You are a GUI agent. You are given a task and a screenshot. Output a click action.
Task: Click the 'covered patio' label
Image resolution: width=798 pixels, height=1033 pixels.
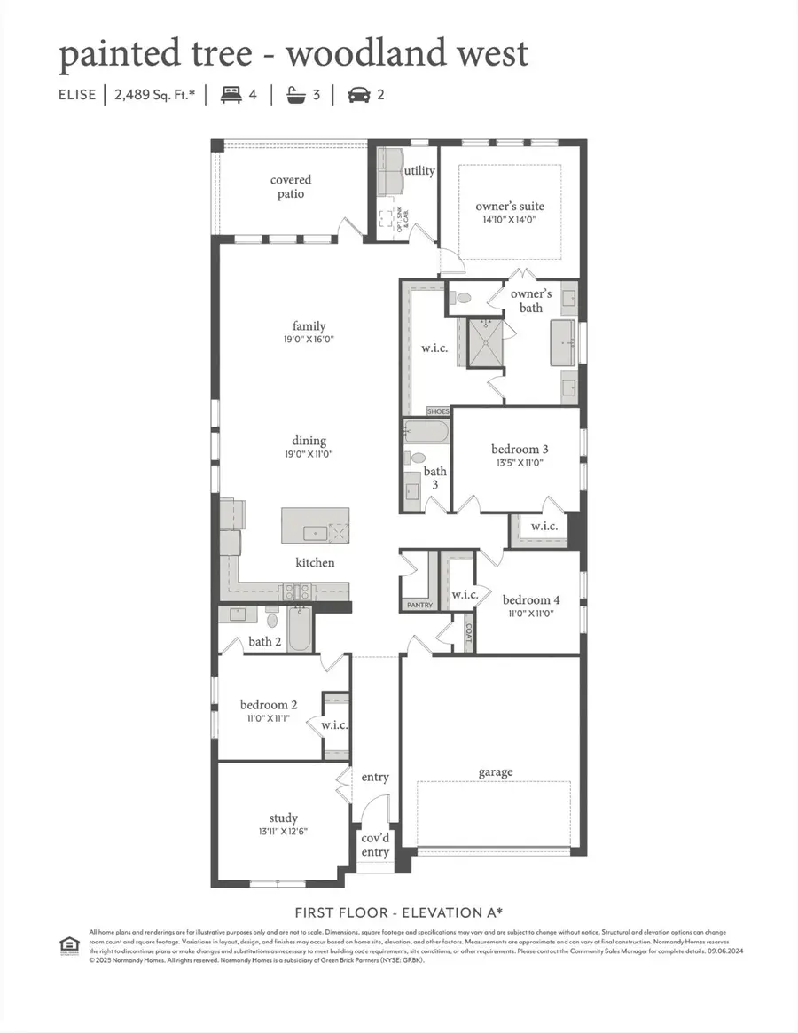291,187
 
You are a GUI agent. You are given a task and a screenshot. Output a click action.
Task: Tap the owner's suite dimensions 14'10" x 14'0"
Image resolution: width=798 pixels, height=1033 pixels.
510,220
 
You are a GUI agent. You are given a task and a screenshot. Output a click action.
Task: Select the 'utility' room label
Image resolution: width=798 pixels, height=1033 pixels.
419,170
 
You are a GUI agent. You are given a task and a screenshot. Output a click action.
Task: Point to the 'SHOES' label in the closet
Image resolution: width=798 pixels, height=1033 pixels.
439,411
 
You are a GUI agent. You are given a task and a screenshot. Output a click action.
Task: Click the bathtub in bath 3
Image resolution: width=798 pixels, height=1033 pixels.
426,432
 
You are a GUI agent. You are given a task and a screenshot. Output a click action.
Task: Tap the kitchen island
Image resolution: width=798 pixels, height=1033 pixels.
315,526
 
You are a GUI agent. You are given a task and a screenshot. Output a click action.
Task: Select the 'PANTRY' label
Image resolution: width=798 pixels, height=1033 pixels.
419,605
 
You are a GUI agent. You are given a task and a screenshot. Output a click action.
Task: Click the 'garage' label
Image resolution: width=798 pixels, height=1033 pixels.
496,772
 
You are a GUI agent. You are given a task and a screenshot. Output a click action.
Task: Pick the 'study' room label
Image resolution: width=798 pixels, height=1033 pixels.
284,818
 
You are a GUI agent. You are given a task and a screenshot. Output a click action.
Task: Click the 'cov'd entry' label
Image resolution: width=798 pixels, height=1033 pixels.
375,845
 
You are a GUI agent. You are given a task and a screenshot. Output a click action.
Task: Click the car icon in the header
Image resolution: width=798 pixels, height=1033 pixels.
359,95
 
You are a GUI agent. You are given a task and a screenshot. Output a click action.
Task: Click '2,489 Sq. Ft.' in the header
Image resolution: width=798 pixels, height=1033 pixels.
154,95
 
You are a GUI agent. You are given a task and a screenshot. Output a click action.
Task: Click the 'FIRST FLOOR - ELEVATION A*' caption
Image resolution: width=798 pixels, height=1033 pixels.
398,912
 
